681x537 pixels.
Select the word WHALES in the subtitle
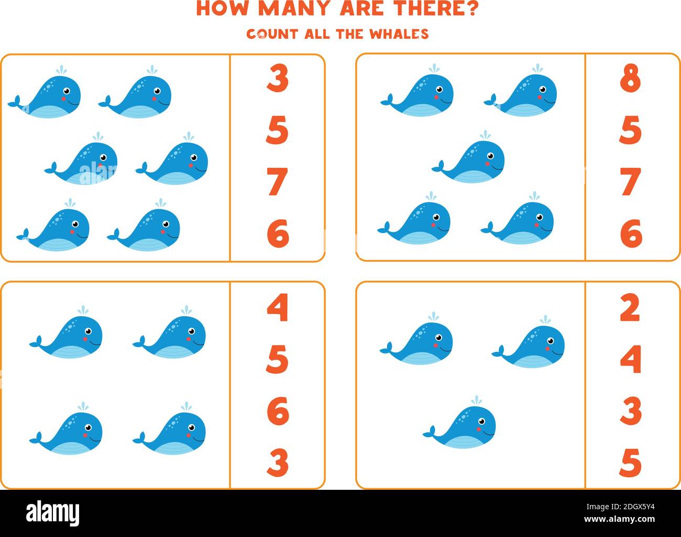(399, 34)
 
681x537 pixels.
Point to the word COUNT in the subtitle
(272, 34)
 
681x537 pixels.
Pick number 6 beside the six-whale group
(277, 233)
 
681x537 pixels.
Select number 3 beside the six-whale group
(277, 80)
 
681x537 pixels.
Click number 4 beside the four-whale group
(277, 308)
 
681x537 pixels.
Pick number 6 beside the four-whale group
(277, 411)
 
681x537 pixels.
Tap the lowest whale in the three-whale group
(461, 426)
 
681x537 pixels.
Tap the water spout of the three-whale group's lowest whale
(476, 401)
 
